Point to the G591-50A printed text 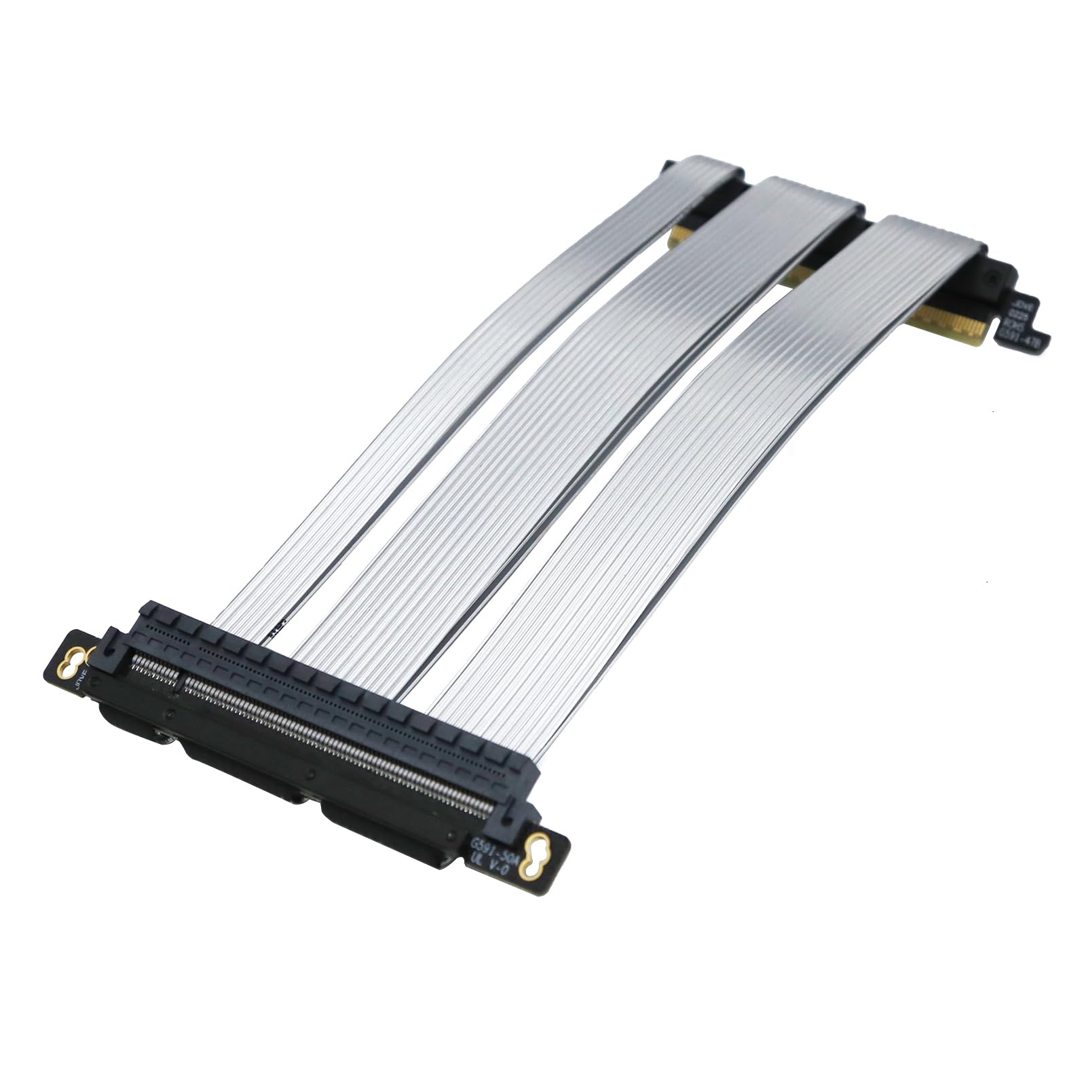(x=494, y=846)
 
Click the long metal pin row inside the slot (x=339, y=747)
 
